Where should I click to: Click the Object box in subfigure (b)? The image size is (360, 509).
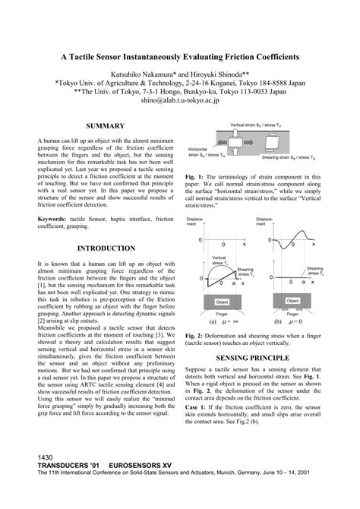click(x=293, y=301)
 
